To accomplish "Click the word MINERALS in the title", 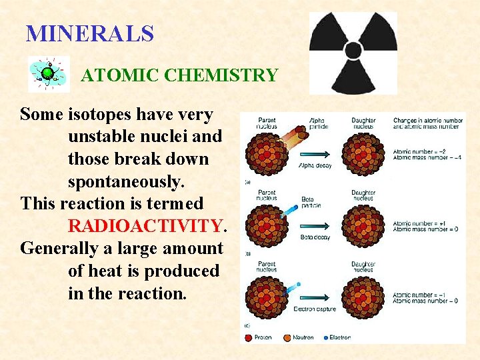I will tap(89, 33).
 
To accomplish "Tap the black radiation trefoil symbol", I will tap(353, 52).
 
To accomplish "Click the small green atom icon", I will tap(48, 73).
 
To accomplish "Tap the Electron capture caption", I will tap(315, 309).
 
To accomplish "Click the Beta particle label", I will tap(311, 201).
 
